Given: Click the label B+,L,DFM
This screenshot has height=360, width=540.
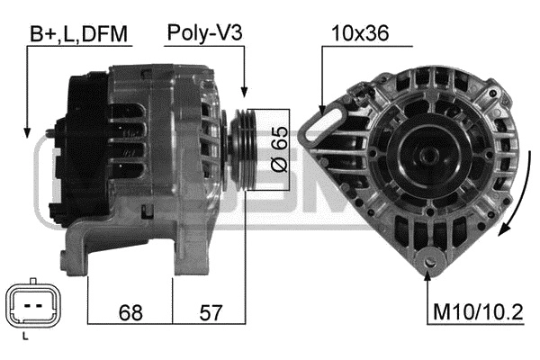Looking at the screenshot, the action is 78,34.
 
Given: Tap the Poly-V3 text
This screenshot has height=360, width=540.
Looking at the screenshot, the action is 204,33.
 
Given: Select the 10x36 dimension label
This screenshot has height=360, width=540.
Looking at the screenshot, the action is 360,33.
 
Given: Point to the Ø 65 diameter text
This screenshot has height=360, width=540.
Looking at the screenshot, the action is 280,149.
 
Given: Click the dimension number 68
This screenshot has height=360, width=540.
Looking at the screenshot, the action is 130,312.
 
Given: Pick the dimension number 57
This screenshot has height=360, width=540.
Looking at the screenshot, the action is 211,312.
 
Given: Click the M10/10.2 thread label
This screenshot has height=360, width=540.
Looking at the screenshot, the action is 478,312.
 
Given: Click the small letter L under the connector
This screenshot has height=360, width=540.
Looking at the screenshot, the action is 25,337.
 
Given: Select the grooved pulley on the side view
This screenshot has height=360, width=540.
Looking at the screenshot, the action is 243,149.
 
